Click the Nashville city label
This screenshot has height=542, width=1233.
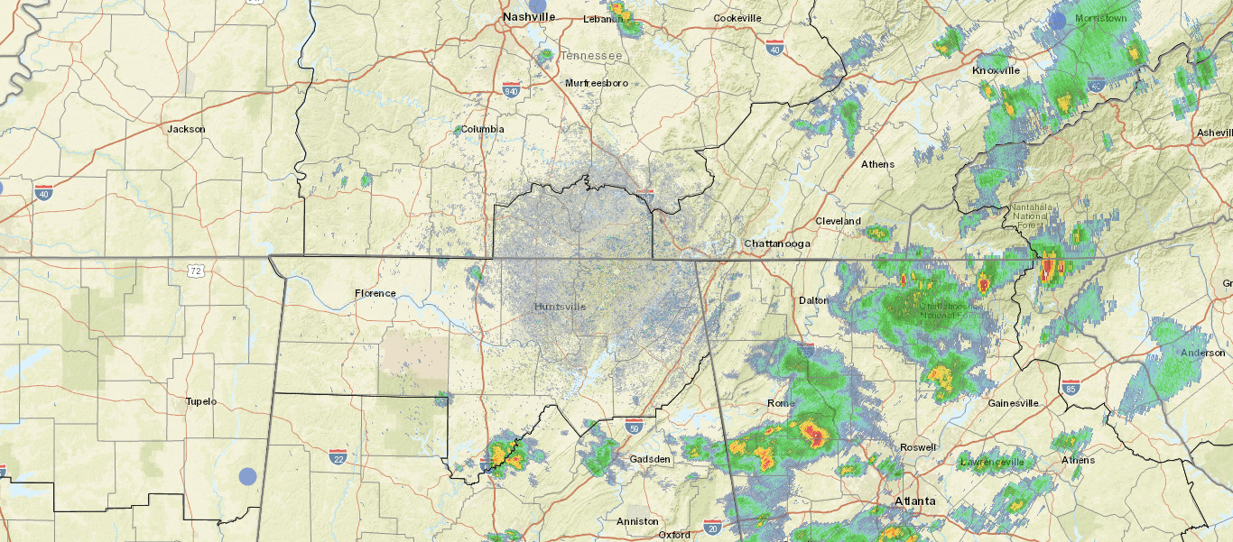pyautogui.click(x=529, y=17)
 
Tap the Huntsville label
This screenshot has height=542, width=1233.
pyautogui.click(x=560, y=307)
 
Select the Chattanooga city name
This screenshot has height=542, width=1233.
pyautogui.click(x=777, y=243)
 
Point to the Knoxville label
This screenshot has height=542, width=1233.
pyautogui.click(x=996, y=70)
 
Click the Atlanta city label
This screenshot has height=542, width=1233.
pyautogui.click(x=915, y=501)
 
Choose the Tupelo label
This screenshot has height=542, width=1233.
pyautogui.click(x=200, y=401)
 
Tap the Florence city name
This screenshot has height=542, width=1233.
pyautogui.click(x=375, y=293)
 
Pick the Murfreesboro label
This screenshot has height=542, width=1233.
pyautogui.click(x=597, y=83)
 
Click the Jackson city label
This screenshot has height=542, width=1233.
pyautogui.click(x=186, y=129)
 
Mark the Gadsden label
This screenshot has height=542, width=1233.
pyautogui.click(x=650, y=459)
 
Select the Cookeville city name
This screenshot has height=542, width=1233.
pyautogui.click(x=737, y=18)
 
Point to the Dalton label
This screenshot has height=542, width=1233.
pyautogui.click(x=813, y=299)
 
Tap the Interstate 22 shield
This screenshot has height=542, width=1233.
pyautogui.click(x=338, y=457)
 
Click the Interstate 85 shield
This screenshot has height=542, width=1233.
pyautogui.click(x=1071, y=388)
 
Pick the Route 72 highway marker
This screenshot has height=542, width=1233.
pyautogui.click(x=196, y=270)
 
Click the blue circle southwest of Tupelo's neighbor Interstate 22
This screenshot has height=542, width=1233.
pyautogui.click(x=247, y=476)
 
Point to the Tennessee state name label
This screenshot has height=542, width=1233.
pyautogui.click(x=591, y=56)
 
